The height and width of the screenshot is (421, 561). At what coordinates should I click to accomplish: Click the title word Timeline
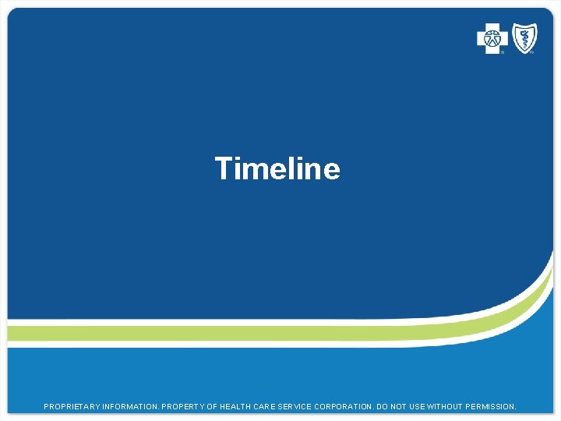click(277, 168)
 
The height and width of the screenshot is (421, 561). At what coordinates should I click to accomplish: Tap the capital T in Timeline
click(224, 168)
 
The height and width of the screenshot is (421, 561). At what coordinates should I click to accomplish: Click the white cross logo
click(492, 38)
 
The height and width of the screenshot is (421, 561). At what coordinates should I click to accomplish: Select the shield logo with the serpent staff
click(524, 37)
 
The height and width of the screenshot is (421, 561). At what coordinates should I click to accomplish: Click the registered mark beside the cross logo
click(503, 52)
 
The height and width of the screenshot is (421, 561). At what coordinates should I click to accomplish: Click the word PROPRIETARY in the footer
click(72, 407)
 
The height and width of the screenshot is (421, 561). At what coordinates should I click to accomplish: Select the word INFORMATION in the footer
click(129, 407)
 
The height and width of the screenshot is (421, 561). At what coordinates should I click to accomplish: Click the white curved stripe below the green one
click(234, 344)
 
